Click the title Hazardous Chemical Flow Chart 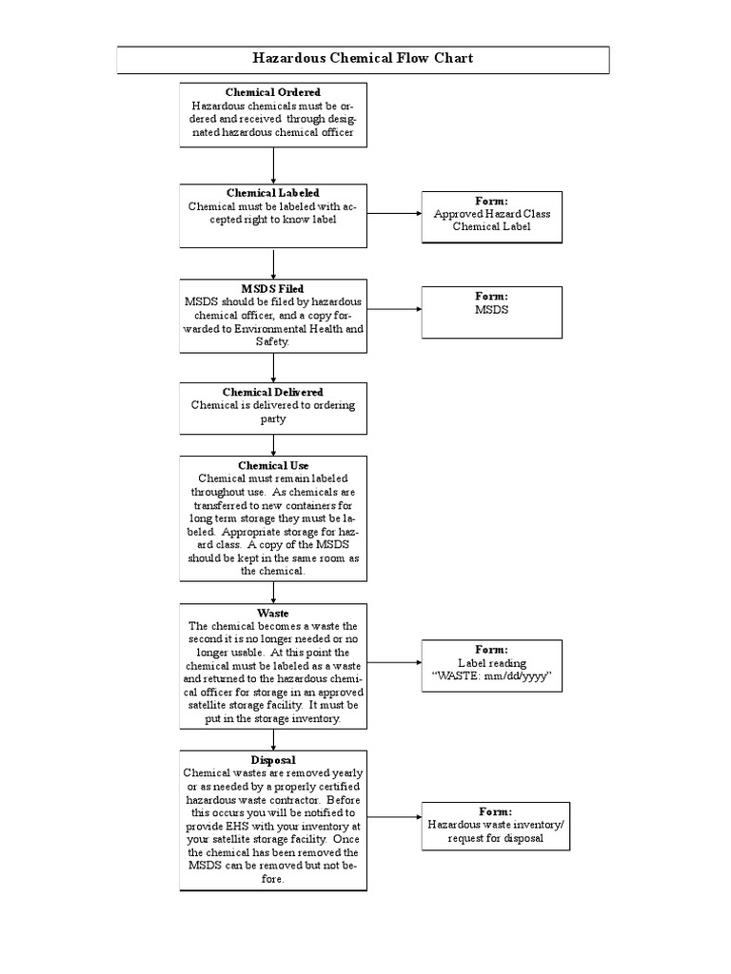[363, 58]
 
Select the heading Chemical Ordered [273, 92]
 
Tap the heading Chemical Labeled [273, 193]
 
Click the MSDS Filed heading [273, 288]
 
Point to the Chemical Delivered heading [273, 392]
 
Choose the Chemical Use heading [273, 465]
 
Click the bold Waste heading [273, 614]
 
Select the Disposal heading [273, 760]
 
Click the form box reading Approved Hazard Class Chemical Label [492, 215]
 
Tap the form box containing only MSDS [492, 310]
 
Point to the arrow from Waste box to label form [394, 664]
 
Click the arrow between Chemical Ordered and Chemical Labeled [273, 165]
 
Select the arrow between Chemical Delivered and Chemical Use [273, 443]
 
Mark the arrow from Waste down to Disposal [273, 739]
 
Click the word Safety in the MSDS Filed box [273, 341]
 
